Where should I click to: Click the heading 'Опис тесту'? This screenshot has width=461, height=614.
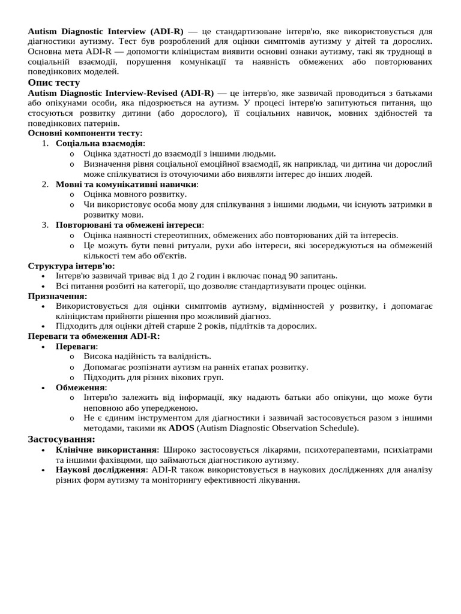point(54,83)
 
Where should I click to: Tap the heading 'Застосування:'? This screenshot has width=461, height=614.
point(61,440)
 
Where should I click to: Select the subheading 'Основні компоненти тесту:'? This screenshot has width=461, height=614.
point(85,133)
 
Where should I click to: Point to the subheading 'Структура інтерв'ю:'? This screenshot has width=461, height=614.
point(71,266)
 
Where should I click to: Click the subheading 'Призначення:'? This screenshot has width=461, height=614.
point(58,296)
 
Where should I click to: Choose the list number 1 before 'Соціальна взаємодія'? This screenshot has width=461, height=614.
point(45,143)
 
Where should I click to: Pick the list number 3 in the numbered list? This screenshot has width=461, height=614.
point(45,225)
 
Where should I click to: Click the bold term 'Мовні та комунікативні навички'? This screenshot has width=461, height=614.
point(126,184)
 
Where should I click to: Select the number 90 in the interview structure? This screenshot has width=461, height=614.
point(294,276)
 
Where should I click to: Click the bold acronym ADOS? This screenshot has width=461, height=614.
point(181,428)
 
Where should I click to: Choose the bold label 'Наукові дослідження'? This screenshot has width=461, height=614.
point(101,470)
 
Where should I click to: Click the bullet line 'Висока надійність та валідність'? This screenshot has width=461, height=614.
point(147,357)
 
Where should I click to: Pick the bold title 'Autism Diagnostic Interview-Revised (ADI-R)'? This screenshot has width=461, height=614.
point(121,93)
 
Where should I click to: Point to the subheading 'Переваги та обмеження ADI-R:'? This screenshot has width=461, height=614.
point(94,336)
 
